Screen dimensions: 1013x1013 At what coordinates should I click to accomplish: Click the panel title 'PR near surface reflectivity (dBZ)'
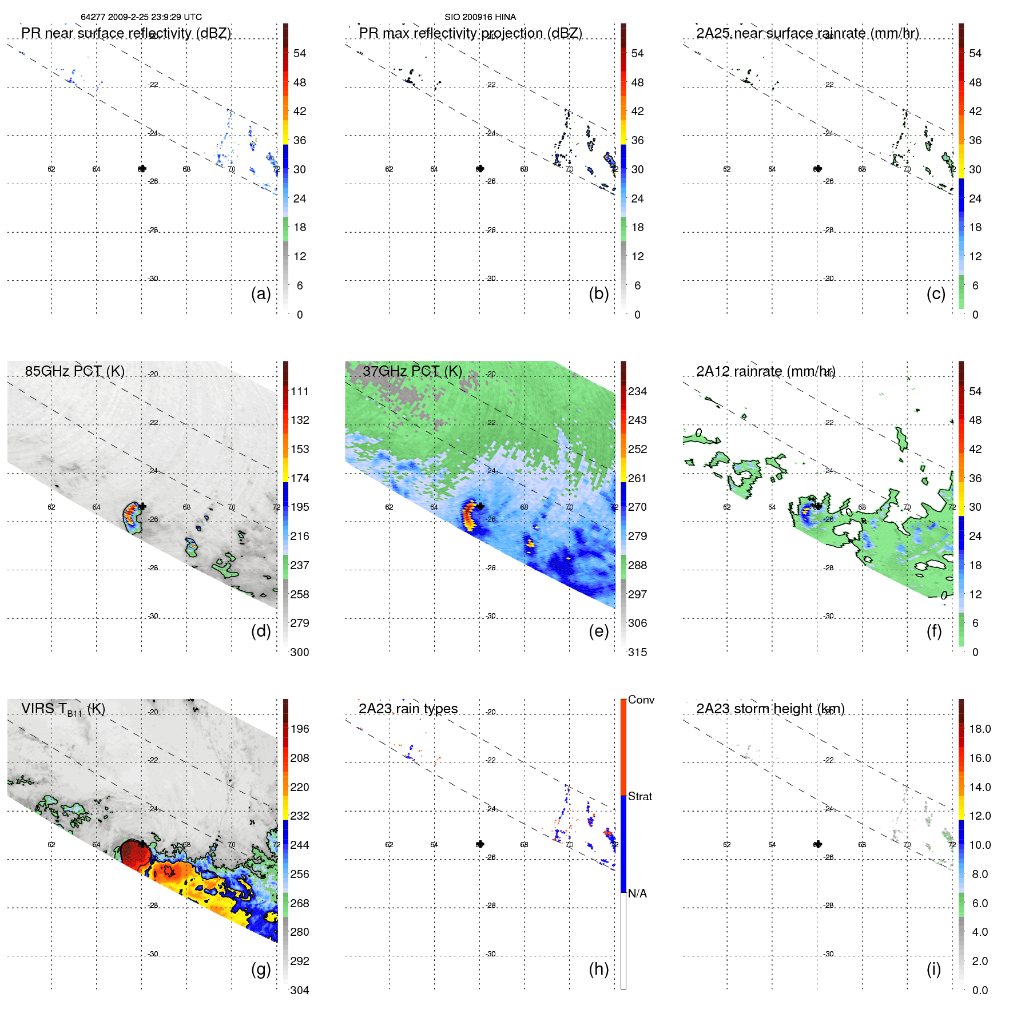[x=126, y=33]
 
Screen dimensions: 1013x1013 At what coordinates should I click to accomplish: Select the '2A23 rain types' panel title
[x=408, y=709]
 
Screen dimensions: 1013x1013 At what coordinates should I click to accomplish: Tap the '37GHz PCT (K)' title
[x=412, y=371]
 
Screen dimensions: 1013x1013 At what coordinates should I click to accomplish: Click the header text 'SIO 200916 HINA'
[x=480, y=17]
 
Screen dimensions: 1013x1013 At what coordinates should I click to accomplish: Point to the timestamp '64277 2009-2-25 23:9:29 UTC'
[x=141, y=17]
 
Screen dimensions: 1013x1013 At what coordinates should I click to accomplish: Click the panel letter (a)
[x=261, y=293]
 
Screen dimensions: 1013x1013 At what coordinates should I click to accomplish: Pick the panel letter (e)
[x=598, y=631]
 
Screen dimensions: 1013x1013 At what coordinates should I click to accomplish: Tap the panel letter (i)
[x=933, y=969]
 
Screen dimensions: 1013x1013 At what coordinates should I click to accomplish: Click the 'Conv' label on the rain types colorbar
[x=641, y=700]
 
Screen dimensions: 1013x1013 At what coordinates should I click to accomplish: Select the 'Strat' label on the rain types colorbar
[x=640, y=796]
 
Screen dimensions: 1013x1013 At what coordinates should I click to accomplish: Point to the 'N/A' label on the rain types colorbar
[x=638, y=893]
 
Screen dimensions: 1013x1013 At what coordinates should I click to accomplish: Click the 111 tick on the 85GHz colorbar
[x=300, y=391]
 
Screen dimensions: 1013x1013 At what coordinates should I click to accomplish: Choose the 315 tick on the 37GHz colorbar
[x=637, y=652]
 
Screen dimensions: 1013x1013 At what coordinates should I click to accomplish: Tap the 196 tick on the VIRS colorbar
[x=300, y=729]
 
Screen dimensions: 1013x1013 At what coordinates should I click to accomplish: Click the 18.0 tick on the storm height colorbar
[x=980, y=729]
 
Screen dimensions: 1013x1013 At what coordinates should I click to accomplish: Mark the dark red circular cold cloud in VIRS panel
[x=136, y=853]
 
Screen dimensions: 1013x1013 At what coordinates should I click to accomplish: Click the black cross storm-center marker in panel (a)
[x=142, y=169]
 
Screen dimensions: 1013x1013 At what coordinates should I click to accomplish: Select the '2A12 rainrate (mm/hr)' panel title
[x=765, y=371]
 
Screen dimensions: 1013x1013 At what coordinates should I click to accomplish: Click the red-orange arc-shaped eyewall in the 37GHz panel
[x=468, y=513]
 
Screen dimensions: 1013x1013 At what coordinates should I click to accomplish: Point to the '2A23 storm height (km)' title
[x=770, y=709]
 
